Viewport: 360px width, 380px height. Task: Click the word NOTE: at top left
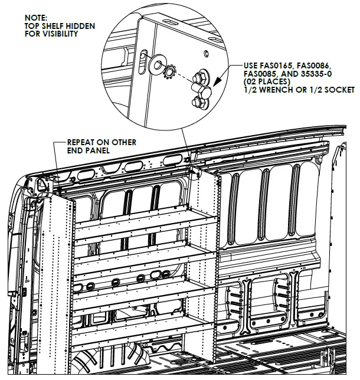pyautogui.click(x=35, y=18)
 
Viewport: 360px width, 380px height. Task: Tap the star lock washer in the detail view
pyautogui.click(x=167, y=73)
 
